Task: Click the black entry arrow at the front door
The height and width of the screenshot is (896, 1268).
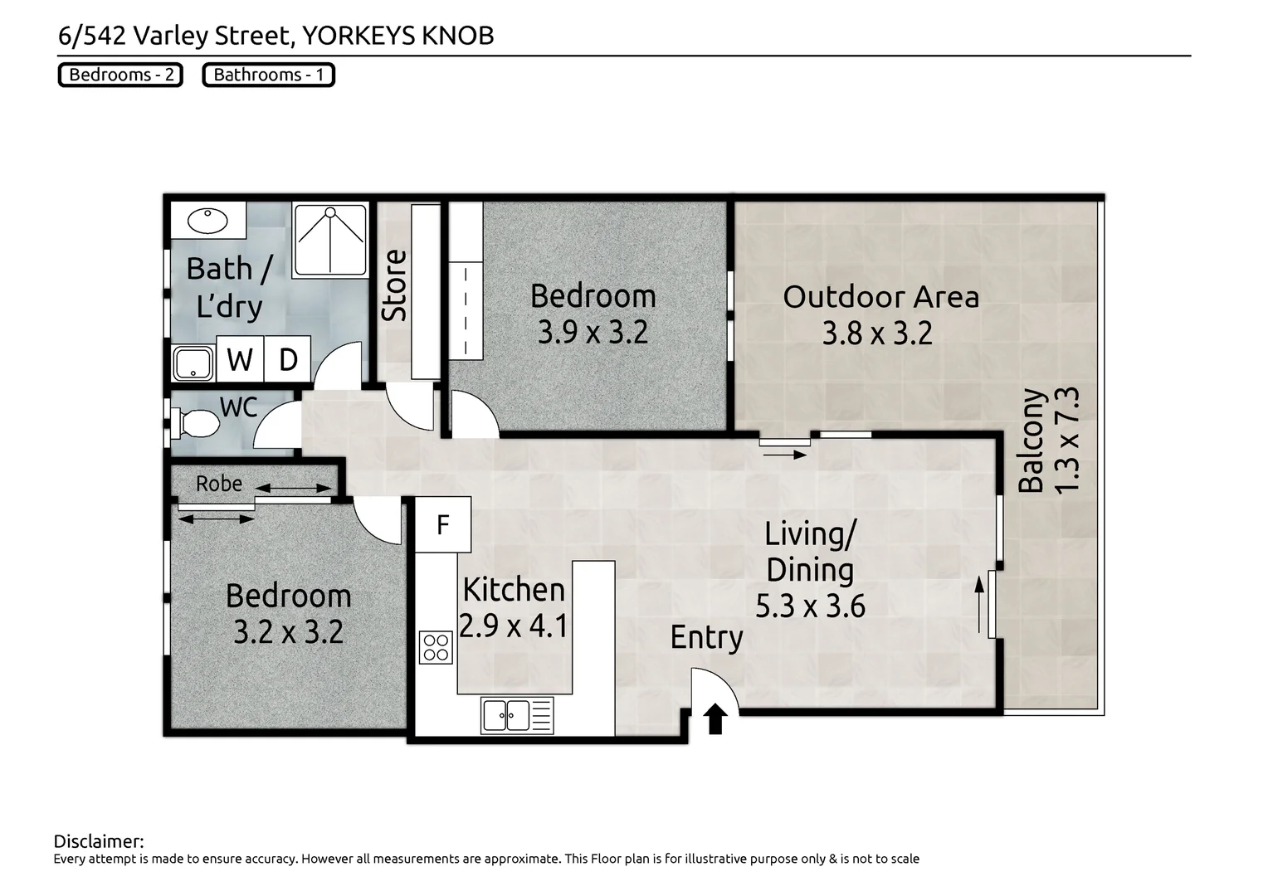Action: [715, 718]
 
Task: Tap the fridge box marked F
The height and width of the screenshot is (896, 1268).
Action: [443, 525]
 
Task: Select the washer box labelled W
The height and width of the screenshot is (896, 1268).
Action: [240, 359]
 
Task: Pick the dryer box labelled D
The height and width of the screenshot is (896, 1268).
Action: [288, 359]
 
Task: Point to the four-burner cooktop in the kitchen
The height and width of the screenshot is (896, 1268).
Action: [436, 647]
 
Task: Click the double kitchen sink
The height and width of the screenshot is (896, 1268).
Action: [516, 715]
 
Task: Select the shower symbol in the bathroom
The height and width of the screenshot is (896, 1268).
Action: [330, 240]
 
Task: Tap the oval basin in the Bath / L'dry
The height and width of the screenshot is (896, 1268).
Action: [207, 221]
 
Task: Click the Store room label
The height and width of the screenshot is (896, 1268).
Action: [395, 285]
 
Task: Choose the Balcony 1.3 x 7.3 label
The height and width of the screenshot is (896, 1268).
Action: [1049, 441]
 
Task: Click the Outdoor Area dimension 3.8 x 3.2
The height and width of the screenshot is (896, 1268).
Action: [877, 334]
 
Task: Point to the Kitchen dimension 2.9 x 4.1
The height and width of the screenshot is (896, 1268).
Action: [514, 625]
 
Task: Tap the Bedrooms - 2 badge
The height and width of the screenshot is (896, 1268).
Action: [120, 75]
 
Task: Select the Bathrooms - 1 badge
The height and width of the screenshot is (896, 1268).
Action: [268, 75]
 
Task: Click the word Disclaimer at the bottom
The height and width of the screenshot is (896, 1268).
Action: [99, 841]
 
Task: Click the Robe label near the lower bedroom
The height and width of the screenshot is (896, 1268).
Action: [219, 483]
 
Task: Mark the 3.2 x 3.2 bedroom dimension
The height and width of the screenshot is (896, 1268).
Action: [288, 632]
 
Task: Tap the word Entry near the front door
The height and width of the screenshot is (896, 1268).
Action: [706, 638]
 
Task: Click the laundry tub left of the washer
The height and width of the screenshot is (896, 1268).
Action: [193, 363]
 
